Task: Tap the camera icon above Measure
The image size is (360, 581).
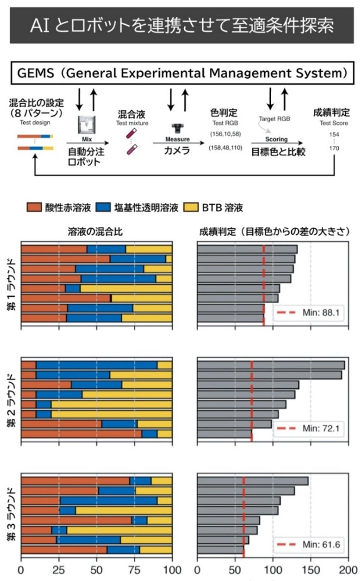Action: [x=178, y=128]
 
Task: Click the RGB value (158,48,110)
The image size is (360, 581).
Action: [x=226, y=148]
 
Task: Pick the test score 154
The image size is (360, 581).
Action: [x=334, y=134]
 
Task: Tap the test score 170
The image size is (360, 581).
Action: [x=334, y=148]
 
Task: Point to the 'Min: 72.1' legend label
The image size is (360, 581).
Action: [x=321, y=428]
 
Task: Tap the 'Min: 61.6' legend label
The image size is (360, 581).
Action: [x=321, y=545]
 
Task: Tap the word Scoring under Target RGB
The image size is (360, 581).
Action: [x=276, y=140]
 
